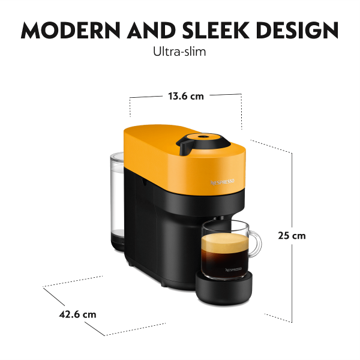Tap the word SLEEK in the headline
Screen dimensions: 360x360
[x=215, y=30]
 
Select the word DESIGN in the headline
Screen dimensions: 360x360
[x=297, y=30]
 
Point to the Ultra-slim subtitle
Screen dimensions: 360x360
[x=179, y=52]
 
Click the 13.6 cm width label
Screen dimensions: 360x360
[x=186, y=96]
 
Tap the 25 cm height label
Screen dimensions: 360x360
[x=292, y=236]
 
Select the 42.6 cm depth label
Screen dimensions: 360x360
[x=77, y=314]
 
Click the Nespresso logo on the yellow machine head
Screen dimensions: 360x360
[x=223, y=182]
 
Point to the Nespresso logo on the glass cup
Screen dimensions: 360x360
[x=233, y=269]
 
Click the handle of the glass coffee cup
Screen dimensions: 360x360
[x=256, y=244]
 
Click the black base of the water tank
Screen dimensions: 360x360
[x=118, y=241]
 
